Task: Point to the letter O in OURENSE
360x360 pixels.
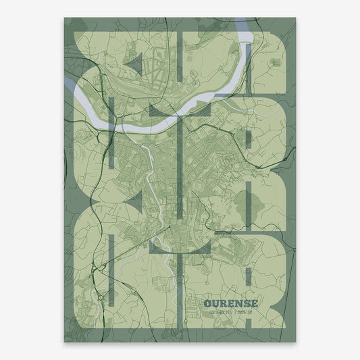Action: pos(207,303)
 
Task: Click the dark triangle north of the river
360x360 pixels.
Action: pos(136,63)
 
